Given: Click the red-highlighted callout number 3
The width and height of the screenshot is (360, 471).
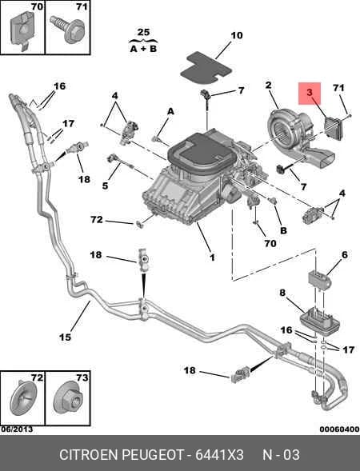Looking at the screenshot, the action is click(310, 93).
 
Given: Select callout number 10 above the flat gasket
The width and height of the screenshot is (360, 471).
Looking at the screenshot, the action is click(237, 35).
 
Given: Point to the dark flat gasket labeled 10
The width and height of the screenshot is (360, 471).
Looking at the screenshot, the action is click(206, 67).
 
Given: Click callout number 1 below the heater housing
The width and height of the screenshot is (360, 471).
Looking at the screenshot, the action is click(212, 257).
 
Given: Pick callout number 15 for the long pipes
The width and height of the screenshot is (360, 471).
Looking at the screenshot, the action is click(65, 337).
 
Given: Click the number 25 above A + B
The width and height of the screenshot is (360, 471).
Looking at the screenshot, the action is click(143, 33).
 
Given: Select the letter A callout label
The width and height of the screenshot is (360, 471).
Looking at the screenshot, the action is click(170, 111).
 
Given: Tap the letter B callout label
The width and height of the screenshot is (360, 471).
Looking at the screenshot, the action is click(283, 230).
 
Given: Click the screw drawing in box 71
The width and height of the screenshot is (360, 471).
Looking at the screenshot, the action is click(69, 29).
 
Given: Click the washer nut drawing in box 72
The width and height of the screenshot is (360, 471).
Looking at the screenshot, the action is click(23, 398).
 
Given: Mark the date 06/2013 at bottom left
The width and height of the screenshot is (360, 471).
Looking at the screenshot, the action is click(17, 429).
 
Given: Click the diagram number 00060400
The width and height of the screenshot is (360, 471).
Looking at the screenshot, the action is click(339, 429).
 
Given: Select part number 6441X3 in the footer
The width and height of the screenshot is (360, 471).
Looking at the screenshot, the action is click(219, 455).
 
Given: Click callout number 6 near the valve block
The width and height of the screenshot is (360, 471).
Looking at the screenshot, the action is click(344, 255).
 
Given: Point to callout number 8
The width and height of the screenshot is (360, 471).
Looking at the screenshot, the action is click(282, 292).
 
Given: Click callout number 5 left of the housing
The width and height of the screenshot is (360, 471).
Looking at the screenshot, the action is click(105, 186).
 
